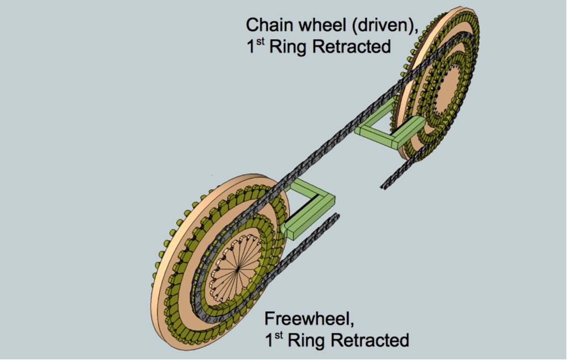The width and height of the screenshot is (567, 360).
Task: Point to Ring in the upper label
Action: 288,47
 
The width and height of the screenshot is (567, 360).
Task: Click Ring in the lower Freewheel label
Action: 306,341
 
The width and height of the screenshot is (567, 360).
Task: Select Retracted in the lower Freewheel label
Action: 370,341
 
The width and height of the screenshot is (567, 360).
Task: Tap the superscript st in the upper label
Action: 260,41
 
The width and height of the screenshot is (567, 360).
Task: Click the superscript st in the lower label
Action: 278,335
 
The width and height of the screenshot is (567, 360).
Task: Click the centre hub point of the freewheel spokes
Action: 237,269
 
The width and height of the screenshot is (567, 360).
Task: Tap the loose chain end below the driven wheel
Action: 384,187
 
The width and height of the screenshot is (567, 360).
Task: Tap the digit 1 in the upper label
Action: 251,47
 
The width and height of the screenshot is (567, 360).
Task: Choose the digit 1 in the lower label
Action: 269,341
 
